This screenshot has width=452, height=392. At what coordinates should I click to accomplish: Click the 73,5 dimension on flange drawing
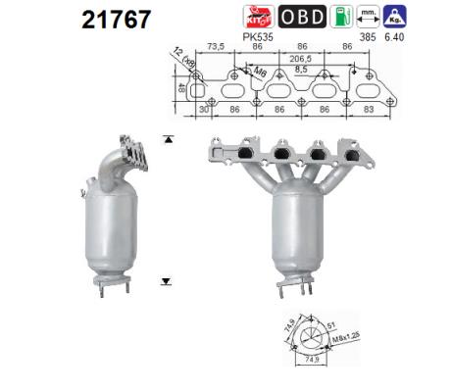click(x=218, y=46)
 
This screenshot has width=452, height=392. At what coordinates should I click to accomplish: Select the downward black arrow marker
click(x=168, y=279)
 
